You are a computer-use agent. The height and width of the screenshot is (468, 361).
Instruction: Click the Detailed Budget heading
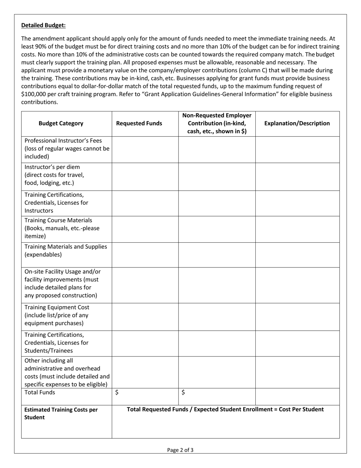pos(43,25)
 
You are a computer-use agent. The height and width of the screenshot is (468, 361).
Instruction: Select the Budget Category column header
pos(61,123)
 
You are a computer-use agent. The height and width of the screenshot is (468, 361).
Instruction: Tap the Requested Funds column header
pos(139,123)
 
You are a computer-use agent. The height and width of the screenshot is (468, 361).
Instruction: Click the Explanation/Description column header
pos(297,123)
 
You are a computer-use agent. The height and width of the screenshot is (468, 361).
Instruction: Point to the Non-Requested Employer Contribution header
pos(217,123)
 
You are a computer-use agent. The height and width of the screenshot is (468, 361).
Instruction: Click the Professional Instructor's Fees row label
pos(66,148)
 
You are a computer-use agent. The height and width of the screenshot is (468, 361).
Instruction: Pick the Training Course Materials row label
pos(62,228)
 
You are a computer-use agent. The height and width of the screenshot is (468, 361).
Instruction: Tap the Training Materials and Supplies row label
pos(66,250)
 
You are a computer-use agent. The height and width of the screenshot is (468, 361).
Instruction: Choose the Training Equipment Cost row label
pos(57,315)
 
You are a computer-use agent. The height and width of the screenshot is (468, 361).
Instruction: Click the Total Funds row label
pos(40,392)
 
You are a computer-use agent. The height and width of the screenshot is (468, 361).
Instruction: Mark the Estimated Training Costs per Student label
pos(61,413)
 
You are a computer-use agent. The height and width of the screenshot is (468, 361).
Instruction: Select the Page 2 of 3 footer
pos(180,450)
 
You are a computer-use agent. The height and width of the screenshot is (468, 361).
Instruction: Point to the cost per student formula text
pos(225,409)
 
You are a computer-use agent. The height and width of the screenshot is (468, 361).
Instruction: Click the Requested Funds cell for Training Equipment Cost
pos(145,315)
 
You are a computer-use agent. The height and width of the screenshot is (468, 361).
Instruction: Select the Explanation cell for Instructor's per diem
pos(297,176)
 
